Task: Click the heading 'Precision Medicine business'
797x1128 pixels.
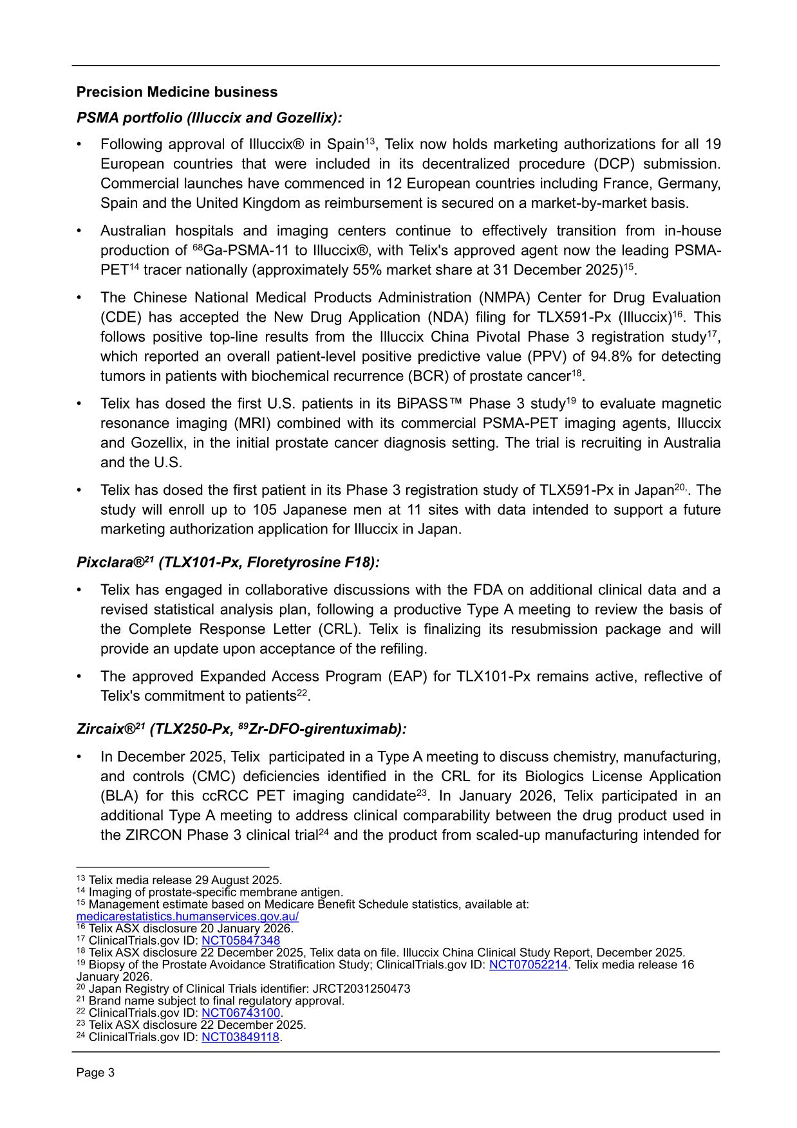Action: point(177,92)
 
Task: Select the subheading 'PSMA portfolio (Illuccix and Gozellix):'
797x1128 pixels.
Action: point(209,118)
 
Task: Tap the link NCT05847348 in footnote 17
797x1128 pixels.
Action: point(241,940)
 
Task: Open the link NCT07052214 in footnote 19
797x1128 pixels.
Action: point(528,965)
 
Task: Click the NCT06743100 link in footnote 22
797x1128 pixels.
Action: point(241,1013)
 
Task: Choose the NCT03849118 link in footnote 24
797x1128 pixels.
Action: point(241,1037)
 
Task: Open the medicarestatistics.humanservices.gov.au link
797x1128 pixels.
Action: point(187,916)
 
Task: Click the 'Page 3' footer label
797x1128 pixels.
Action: point(95,1073)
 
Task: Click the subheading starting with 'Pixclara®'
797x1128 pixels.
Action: point(228,562)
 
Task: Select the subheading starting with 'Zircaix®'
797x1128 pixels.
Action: point(241,729)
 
